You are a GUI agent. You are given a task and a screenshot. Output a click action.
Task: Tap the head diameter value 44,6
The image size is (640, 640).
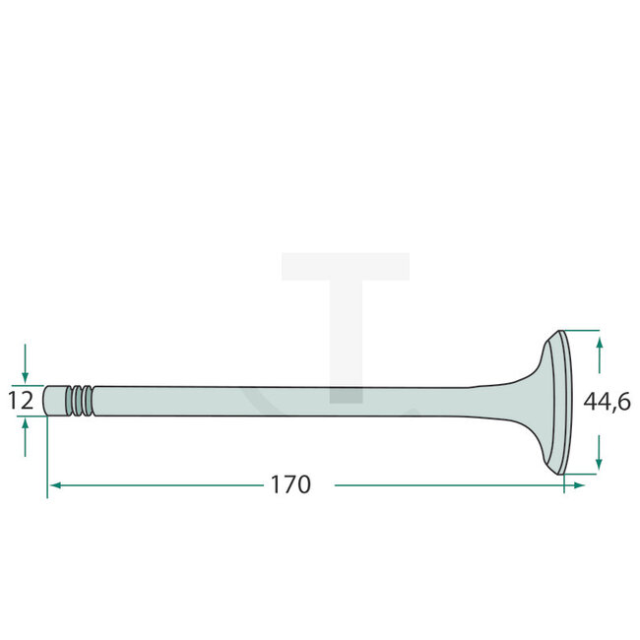pyautogui.click(x=607, y=402)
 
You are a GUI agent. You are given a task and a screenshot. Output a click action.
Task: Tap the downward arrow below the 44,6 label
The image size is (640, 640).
pyautogui.click(x=600, y=459)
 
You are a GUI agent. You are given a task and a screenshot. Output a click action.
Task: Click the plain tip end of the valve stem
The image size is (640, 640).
pyautogui.click(x=54, y=400)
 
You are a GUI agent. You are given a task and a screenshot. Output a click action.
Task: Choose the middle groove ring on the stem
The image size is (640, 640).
pyautogui.click(x=80, y=400)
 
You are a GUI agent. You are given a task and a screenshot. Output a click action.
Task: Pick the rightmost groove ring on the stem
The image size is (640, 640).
pyautogui.click(x=90, y=400)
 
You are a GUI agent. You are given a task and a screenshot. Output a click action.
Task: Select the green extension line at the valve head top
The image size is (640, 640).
pyautogui.click(x=580, y=330)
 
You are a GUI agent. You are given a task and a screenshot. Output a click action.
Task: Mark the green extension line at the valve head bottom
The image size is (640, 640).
pyautogui.click(x=580, y=474)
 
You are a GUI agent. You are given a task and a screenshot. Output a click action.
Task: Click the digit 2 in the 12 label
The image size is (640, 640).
pyautogui.click(x=28, y=401)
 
